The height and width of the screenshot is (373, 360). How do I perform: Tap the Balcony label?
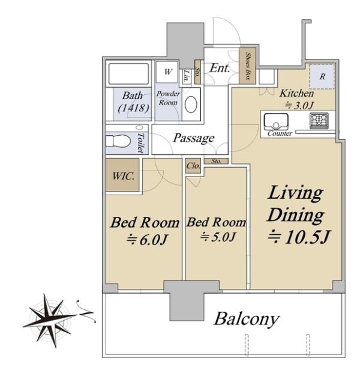pos(247,319)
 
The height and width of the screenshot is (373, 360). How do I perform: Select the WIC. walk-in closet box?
pos(122,175)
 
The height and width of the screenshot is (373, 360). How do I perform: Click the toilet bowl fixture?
pos(118,141)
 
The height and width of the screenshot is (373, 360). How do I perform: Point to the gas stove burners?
pos(319,121)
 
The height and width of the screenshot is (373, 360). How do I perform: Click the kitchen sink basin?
pos(276,121)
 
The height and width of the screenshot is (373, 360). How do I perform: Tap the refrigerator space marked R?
pos(322,76)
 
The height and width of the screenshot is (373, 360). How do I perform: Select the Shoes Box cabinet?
pos(247,66)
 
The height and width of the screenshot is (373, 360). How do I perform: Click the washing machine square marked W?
pos(167,72)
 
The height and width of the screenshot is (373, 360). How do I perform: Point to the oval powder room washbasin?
pos(191,105)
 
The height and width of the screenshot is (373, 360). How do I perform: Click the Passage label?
pos(194,138)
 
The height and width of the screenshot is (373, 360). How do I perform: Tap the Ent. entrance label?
pos(220,68)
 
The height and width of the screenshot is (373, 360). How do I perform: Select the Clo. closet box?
pos(193,166)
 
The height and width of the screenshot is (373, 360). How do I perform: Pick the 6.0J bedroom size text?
pos(147,240)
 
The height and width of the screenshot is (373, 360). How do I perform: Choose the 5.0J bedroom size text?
pos(218,237)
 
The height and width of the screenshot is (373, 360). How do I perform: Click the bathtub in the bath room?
pos(128,74)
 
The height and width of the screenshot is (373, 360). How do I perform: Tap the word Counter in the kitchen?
pos(280,133)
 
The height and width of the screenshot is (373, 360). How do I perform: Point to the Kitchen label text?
pos(296,93)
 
